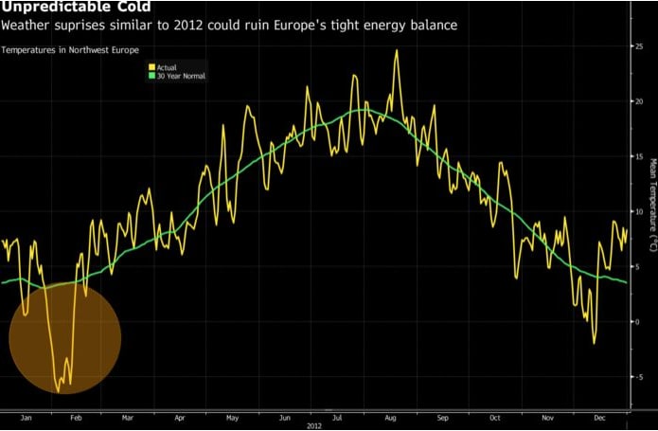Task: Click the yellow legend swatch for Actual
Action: pos(151,67)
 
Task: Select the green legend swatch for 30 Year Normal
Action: pos(151,76)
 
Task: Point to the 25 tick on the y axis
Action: pos(637,45)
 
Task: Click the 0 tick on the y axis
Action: pos(638,322)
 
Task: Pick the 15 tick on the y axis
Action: pos(637,156)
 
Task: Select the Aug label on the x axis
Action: pos(391,416)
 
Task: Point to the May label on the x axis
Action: pos(233,416)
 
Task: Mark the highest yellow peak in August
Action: pos(396,51)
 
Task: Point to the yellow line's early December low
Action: pos(595,342)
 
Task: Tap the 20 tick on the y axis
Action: pos(637,100)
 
